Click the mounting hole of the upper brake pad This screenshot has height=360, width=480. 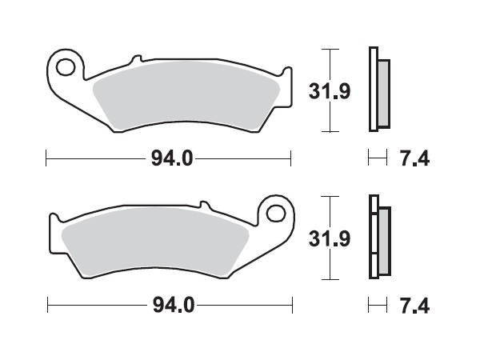click(66, 64)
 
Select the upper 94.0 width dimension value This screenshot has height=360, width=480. click(171, 158)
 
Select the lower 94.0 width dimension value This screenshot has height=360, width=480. click(171, 306)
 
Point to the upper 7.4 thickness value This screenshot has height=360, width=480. click(414, 158)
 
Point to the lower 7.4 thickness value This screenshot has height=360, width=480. click(414, 306)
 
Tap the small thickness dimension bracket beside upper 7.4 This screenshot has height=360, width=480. click(374, 158)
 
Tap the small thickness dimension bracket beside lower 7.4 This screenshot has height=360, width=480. click(374, 306)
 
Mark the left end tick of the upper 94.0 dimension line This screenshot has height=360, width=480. click(47, 158)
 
